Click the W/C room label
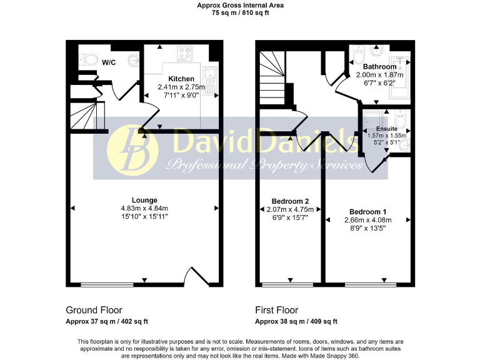[109, 62]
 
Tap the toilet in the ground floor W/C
[87, 60]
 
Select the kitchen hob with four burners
[186, 52]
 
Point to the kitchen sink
[211, 79]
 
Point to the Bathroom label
[379, 66]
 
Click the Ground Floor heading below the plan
[94, 310]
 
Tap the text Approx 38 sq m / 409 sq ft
[296, 322]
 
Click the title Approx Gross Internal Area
[240, 5]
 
